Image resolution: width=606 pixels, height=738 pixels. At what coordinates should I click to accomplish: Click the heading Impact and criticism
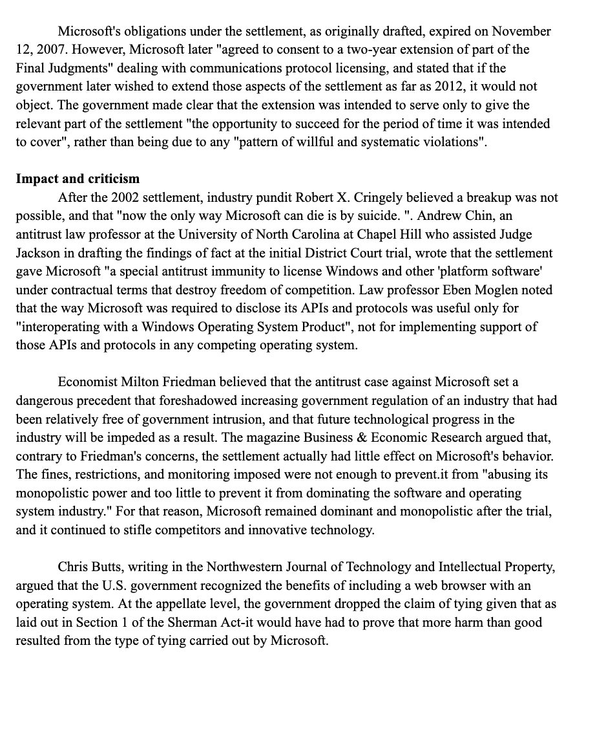(78, 179)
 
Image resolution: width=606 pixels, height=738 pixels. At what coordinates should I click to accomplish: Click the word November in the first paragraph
(521, 31)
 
